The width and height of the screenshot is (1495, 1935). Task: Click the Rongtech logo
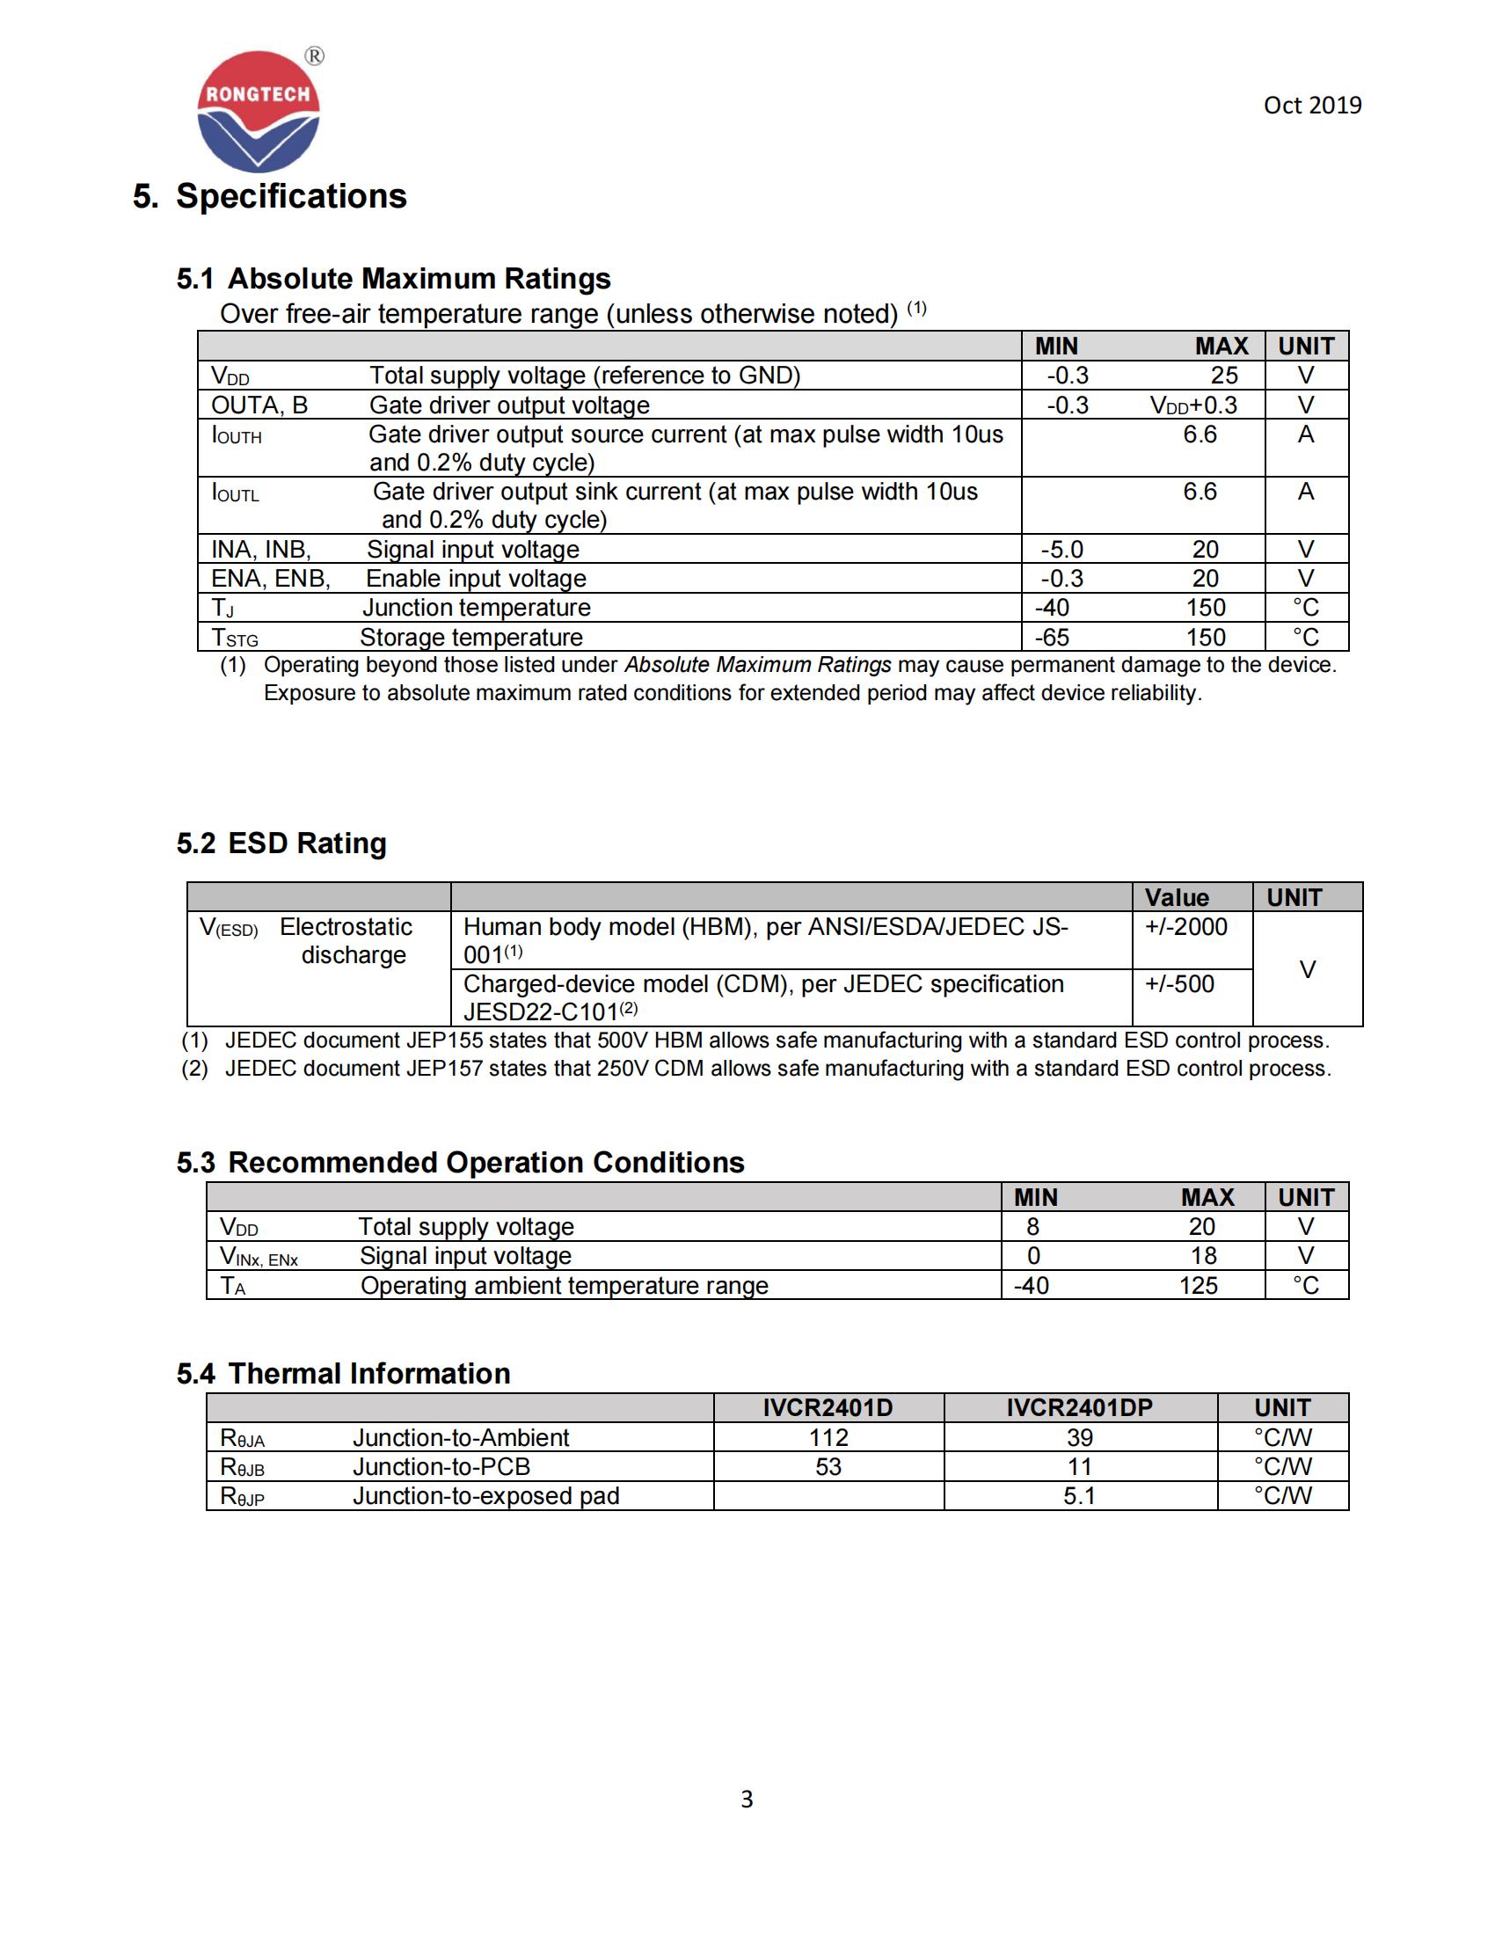(258, 111)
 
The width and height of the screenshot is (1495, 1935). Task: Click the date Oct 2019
(1312, 106)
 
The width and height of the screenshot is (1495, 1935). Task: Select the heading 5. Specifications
(269, 196)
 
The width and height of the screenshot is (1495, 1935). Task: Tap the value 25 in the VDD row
(1224, 376)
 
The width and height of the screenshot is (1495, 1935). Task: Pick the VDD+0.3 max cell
(1193, 405)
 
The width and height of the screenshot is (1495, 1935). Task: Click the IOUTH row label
(237, 436)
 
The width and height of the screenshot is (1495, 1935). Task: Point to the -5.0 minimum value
(1061, 550)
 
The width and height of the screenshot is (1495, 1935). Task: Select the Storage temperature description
(471, 637)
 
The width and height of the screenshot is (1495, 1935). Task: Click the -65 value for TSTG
(1051, 637)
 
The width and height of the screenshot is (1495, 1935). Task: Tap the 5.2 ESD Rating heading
(281, 843)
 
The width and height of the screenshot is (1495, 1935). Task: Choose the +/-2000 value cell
(1186, 927)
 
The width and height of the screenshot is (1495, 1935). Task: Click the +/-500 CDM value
(1178, 984)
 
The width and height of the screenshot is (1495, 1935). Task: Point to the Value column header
(1176, 897)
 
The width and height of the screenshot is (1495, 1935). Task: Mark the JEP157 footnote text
(777, 1069)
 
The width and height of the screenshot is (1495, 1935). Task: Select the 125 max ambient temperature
(1198, 1286)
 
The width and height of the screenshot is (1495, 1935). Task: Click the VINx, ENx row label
(259, 1256)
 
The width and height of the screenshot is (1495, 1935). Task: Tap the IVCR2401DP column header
(1079, 1408)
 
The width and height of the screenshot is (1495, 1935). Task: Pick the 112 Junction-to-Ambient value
(828, 1437)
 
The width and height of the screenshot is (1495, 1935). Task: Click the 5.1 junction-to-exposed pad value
(1079, 1495)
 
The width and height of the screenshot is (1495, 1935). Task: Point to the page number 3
(747, 1799)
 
